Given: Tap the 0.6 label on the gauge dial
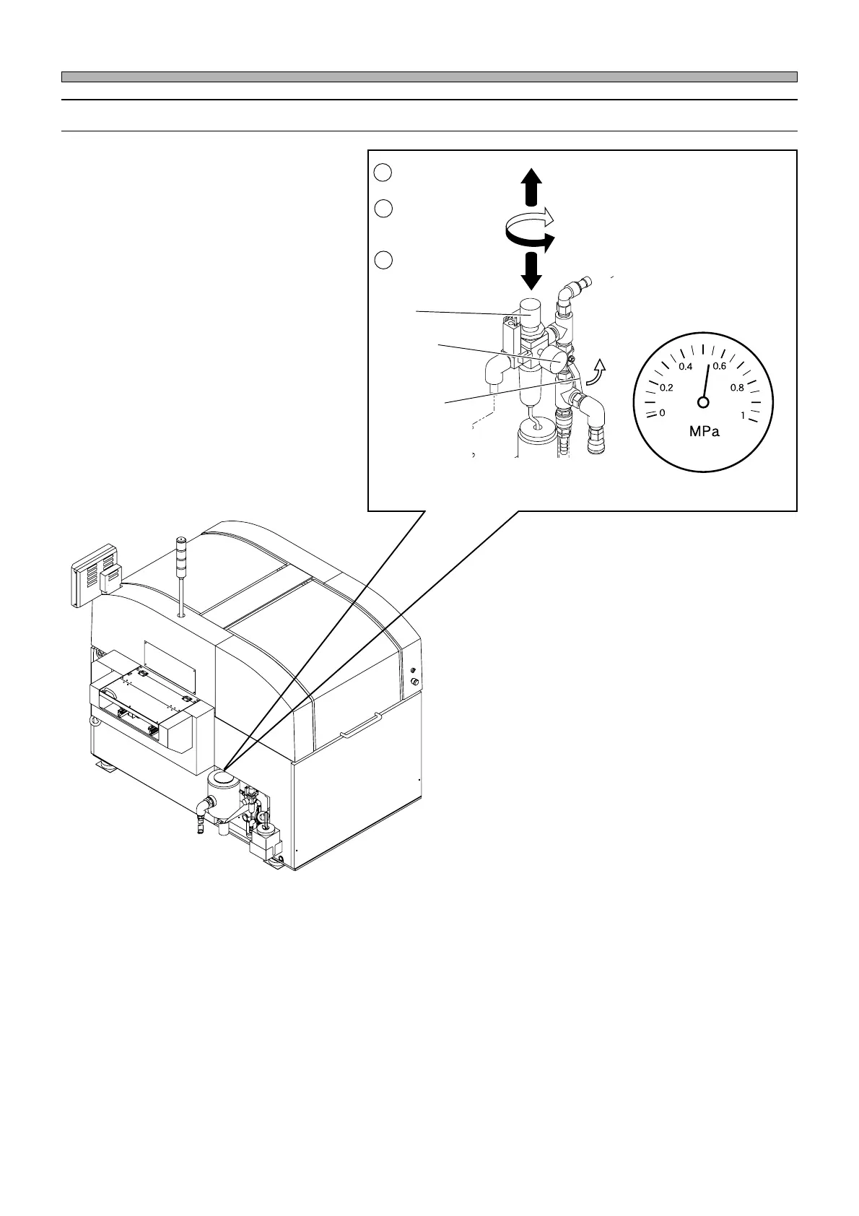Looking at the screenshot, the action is (x=719, y=366).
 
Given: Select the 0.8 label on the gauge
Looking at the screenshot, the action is (x=737, y=388).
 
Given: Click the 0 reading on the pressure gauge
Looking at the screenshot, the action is (x=662, y=413).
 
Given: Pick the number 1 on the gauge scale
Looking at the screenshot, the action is (x=742, y=414).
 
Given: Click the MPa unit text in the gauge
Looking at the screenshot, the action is (x=704, y=433).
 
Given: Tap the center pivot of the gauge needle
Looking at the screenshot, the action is (x=702, y=402).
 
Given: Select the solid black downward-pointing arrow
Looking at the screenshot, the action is (x=531, y=269).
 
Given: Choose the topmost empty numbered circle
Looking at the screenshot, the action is (x=383, y=172).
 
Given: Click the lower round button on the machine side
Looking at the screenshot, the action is (x=414, y=682).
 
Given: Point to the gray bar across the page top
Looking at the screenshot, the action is (x=429, y=77).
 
